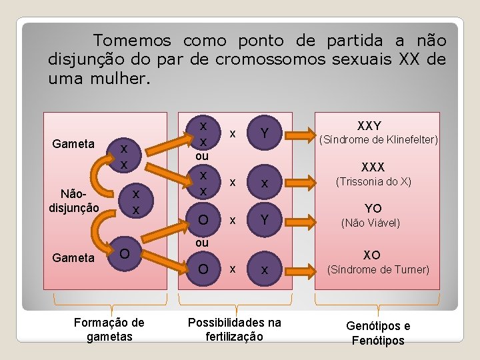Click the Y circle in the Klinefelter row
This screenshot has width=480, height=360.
point(265,134)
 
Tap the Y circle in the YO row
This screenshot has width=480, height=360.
point(265,219)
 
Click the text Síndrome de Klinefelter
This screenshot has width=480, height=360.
point(379,140)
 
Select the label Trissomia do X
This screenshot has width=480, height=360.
point(373,181)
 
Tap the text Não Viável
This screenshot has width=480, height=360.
point(371,223)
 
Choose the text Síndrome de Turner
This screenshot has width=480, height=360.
point(377,270)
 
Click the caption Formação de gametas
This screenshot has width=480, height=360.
point(110,329)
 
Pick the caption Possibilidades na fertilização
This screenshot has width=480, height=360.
point(234,329)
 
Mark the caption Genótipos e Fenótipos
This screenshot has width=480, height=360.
point(378,333)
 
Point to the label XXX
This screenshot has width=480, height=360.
point(374,167)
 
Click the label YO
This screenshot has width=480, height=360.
point(373,208)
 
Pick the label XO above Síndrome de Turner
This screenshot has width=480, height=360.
point(372,255)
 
